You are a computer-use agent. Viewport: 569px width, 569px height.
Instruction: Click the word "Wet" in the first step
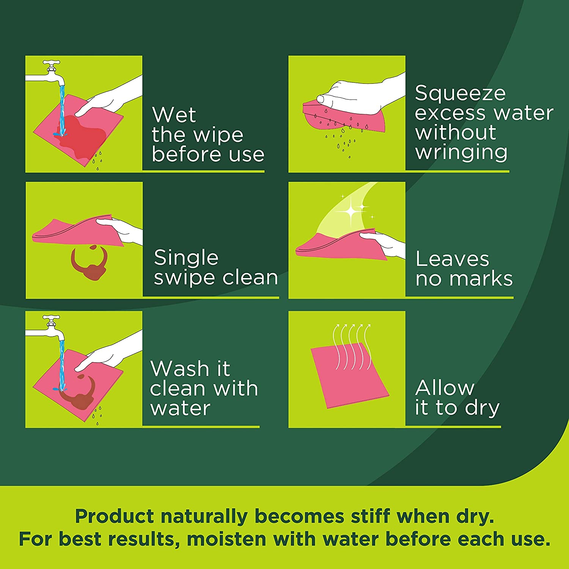(174, 115)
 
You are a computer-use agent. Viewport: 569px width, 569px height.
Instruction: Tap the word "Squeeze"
(460, 94)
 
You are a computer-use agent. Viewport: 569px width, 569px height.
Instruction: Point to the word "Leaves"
(452, 259)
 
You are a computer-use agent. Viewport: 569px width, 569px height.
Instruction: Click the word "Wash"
(179, 368)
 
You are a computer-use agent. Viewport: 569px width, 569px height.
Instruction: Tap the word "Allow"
(445, 388)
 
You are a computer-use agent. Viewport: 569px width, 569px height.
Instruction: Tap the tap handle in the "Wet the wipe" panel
(51, 63)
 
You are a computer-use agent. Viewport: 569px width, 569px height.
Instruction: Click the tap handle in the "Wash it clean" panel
(51, 318)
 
